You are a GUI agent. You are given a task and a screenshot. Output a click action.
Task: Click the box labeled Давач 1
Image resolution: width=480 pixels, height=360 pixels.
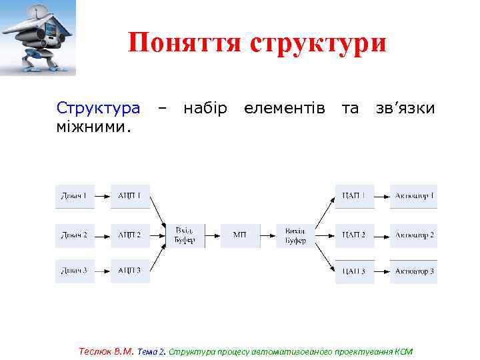(x=75, y=196)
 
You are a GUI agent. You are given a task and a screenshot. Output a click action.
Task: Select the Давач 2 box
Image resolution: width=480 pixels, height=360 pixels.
(x=75, y=235)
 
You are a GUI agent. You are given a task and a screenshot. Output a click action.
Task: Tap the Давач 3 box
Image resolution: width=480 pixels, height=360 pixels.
(x=75, y=271)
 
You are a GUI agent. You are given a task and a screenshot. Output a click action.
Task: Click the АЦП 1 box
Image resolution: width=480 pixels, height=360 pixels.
(x=130, y=196)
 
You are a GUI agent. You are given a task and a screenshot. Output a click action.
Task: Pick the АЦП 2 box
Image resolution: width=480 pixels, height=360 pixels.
(x=130, y=235)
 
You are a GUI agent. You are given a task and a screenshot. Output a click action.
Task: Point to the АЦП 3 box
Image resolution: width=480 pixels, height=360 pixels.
(x=130, y=271)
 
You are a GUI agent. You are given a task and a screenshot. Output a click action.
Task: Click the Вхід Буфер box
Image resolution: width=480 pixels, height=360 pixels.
(x=185, y=235)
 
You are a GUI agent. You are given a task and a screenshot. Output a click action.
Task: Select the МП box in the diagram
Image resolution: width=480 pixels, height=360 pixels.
(x=240, y=235)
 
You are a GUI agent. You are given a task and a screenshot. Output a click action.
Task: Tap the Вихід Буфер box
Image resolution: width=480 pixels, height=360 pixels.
(x=295, y=235)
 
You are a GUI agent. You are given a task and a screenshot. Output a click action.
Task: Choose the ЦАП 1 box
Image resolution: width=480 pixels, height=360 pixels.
(x=354, y=196)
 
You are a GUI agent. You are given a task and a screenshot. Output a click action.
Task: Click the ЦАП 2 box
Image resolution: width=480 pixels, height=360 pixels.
(x=354, y=235)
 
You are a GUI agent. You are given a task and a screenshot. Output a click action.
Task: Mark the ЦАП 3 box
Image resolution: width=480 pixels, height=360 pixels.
(x=354, y=271)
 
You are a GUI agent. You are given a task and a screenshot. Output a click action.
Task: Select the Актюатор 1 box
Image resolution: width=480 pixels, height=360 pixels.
(x=414, y=196)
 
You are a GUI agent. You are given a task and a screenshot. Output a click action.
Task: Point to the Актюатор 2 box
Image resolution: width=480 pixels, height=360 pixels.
(x=414, y=235)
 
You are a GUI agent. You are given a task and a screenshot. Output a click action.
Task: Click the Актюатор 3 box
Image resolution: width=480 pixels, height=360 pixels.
(x=414, y=271)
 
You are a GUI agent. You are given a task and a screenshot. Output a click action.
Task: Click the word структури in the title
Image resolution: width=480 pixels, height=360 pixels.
(x=318, y=43)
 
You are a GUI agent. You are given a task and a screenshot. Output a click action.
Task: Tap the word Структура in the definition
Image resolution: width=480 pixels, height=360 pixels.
(x=98, y=108)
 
